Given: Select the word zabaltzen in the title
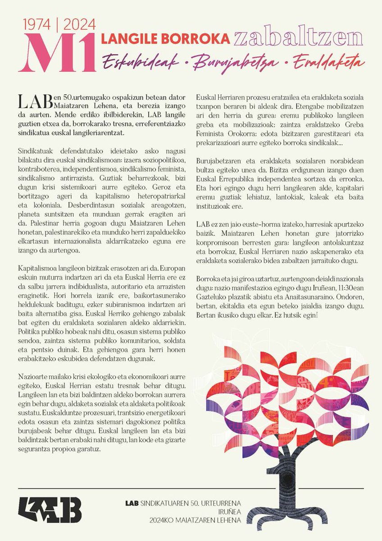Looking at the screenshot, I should tap(298, 38).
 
